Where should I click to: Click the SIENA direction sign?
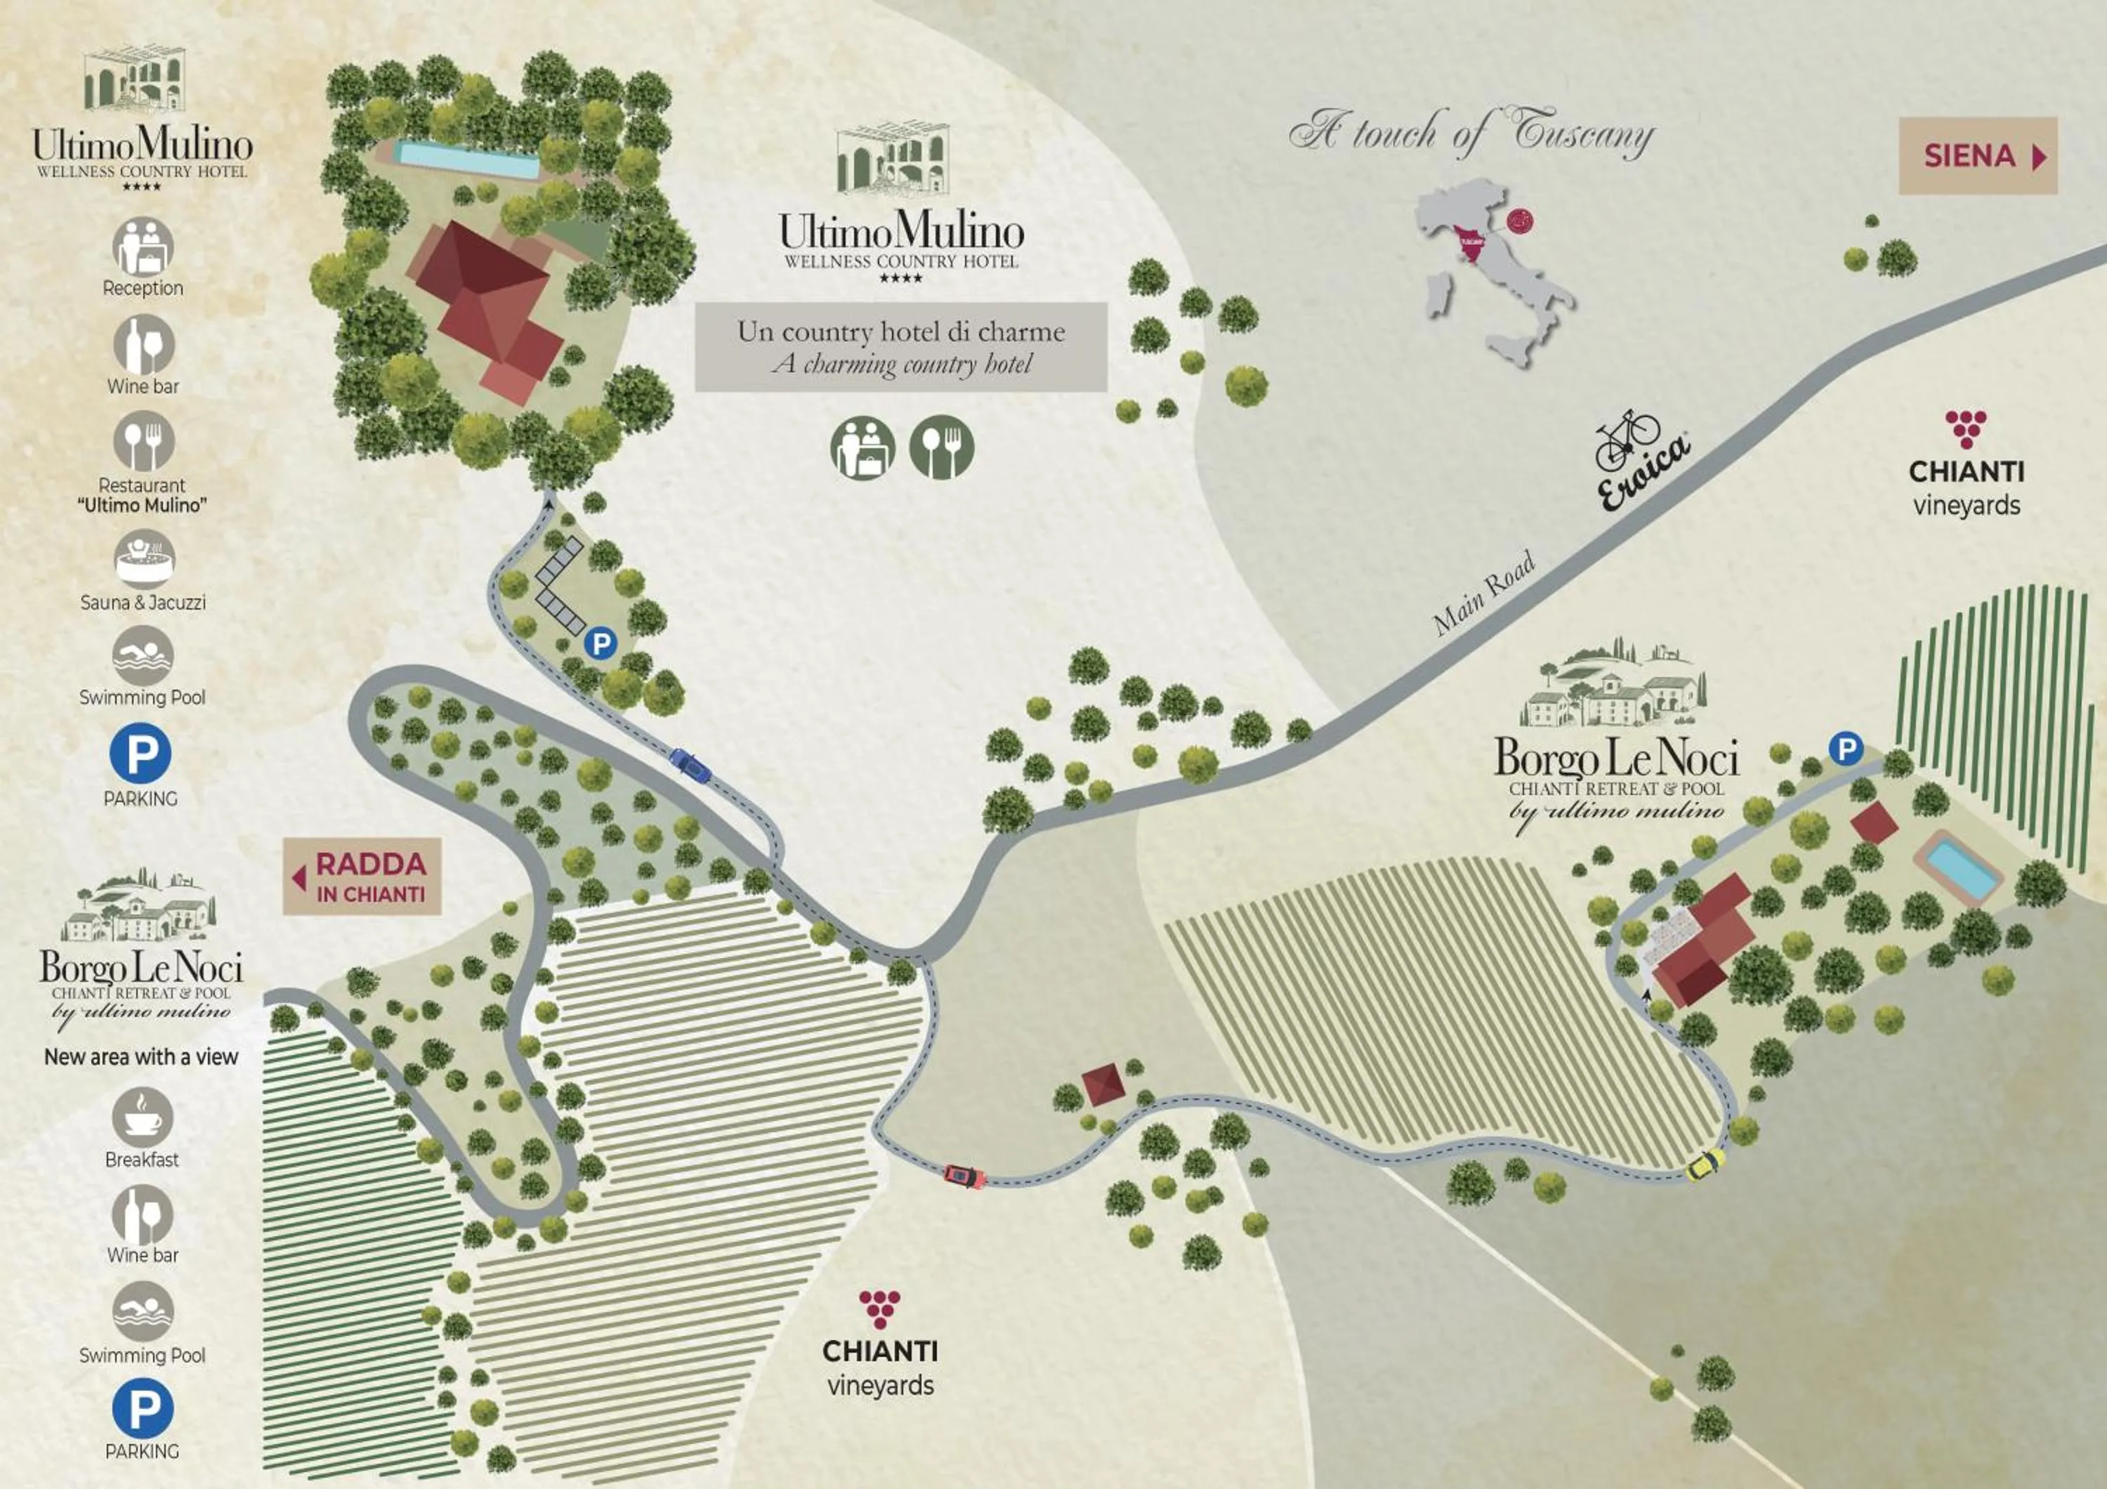(x=1978, y=156)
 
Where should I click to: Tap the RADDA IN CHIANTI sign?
(x=362, y=876)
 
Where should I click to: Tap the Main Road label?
(x=1484, y=593)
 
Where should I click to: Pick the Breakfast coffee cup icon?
(x=143, y=1117)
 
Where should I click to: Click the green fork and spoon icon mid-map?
(x=942, y=447)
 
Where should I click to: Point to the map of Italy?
(x=1491, y=270)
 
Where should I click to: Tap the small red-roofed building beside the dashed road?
(x=1103, y=1085)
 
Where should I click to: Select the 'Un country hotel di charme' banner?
(x=900, y=347)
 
